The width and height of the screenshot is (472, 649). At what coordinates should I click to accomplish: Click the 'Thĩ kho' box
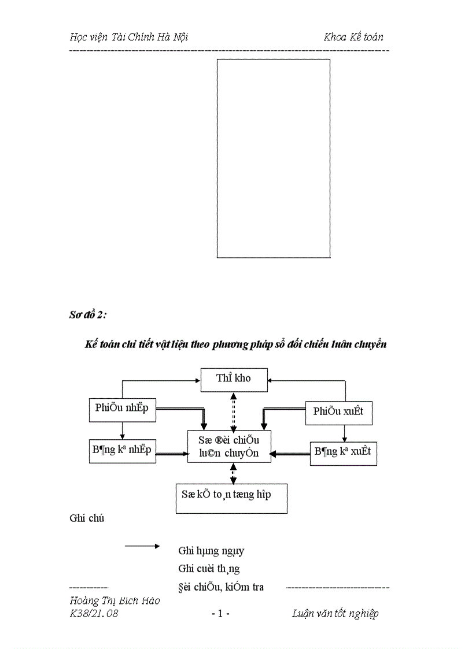[x=234, y=380]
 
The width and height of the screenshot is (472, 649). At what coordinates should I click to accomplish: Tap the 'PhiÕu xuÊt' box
[x=338, y=411]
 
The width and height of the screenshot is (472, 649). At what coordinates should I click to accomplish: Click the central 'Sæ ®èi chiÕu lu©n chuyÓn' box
[x=230, y=447]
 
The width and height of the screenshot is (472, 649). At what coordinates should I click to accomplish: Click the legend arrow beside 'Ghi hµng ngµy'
[x=142, y=545]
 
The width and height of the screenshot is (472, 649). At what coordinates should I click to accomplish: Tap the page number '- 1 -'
[x=221, y=614]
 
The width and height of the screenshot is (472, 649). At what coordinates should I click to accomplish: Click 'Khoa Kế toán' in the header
[x=353, y=37]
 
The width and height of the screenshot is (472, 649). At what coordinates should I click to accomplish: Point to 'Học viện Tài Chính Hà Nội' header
[x=128, y=37]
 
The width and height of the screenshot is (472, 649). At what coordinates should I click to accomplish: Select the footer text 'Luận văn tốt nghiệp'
[x=335, y=614]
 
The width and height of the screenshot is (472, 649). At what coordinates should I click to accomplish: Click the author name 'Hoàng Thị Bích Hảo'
[x=115, y=601]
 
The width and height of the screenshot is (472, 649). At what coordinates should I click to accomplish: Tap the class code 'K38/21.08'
[x=94, y=614]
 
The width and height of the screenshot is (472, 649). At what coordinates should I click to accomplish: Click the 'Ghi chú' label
[x=87, y=518]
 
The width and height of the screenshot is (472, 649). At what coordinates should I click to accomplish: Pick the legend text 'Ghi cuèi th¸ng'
[x=209, y=569]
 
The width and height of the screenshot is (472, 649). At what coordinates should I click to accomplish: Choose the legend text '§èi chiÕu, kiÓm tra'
[x=221, y=587]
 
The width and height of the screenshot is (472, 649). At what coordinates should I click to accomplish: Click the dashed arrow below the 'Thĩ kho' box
[x=233, y=411]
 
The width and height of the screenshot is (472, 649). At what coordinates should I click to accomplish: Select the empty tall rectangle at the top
[x=273, y=158]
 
